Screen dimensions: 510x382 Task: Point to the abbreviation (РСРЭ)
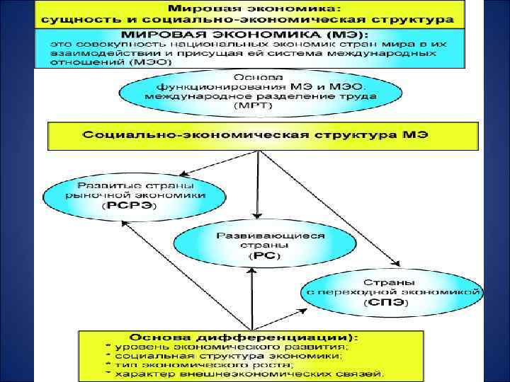point(132,206)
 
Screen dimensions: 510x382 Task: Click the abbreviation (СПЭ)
point(389,302)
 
